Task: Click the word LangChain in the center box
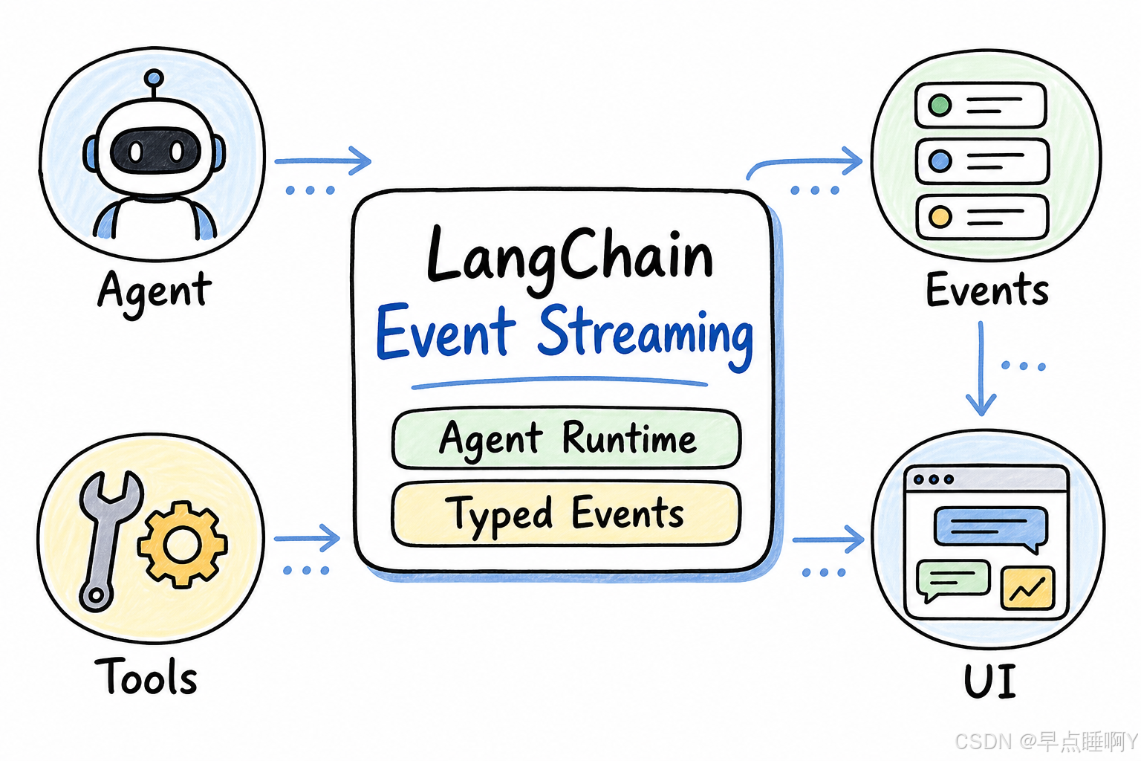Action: [x=570, y=257]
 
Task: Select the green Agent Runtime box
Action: [x=567, y=439]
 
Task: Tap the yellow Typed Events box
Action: [x=567, y=514]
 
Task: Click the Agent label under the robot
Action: [x=154, y=292]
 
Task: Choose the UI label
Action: [x=989, y=681]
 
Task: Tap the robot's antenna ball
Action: [x=154, y=79]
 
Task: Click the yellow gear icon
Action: [x=182, y=545]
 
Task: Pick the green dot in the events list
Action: [x=940, y=106]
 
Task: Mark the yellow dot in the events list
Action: [x=940, y=216]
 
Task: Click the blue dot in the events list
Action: [x=940, y=161]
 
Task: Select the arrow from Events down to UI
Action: [x=981, y=368]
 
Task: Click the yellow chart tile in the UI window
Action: [x=1028, y=589]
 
